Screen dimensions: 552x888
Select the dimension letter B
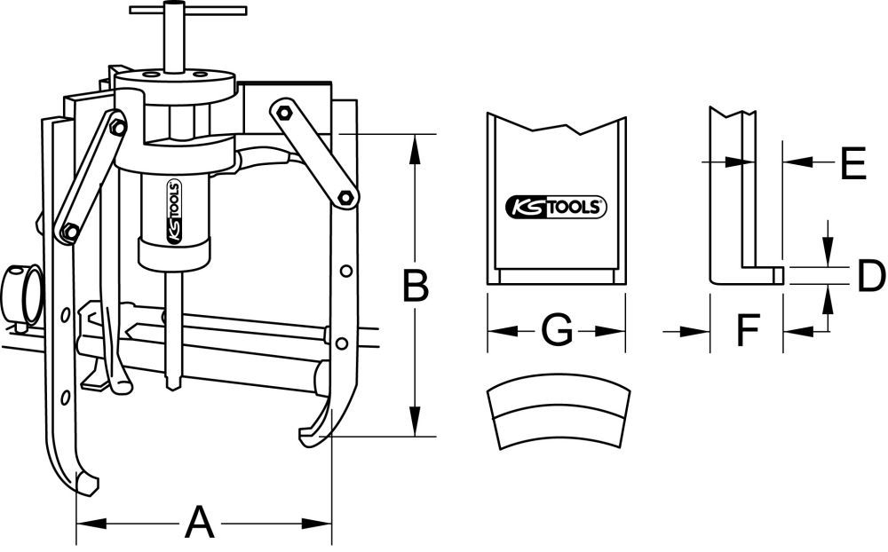coord(412,286)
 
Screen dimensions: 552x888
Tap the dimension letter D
coord(870,277)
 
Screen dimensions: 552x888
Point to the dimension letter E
coord(852,164)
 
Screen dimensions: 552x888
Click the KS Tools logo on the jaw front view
coord(556,207)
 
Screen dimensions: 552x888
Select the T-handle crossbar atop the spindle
coord(187,11)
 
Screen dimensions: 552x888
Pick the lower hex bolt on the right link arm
coord(345,196)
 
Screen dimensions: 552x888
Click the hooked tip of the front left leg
coord(87,485)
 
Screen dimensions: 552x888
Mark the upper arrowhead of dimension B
coord(413,144)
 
